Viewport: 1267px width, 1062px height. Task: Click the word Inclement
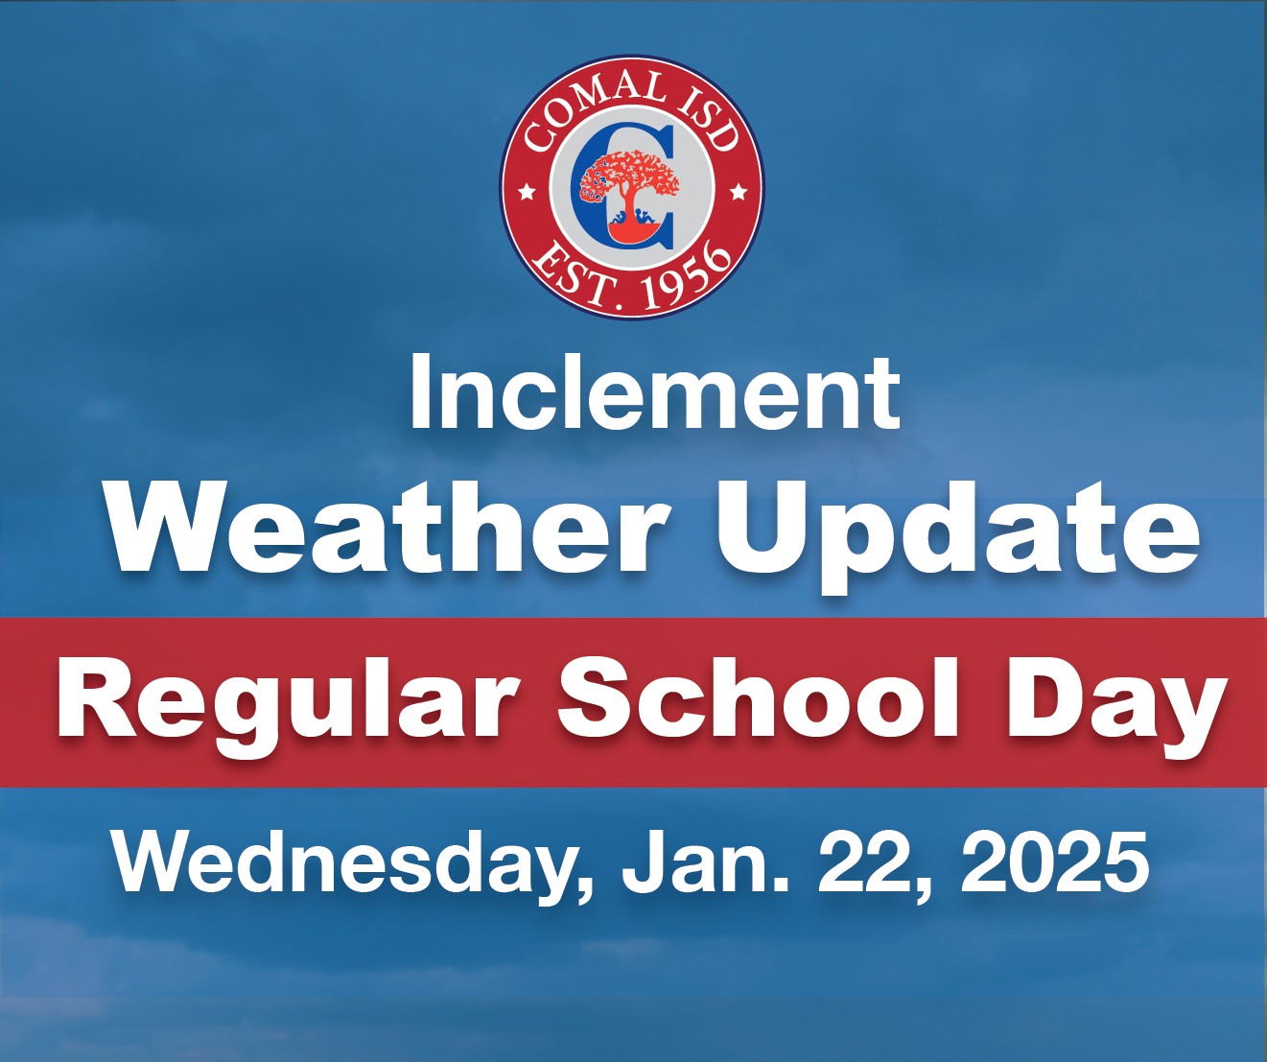tap(655, 393)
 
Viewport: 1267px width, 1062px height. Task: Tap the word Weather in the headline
tap(389, 527)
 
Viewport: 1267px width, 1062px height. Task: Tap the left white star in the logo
tap(527, 193)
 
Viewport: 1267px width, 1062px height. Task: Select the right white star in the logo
tap(738, 193)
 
